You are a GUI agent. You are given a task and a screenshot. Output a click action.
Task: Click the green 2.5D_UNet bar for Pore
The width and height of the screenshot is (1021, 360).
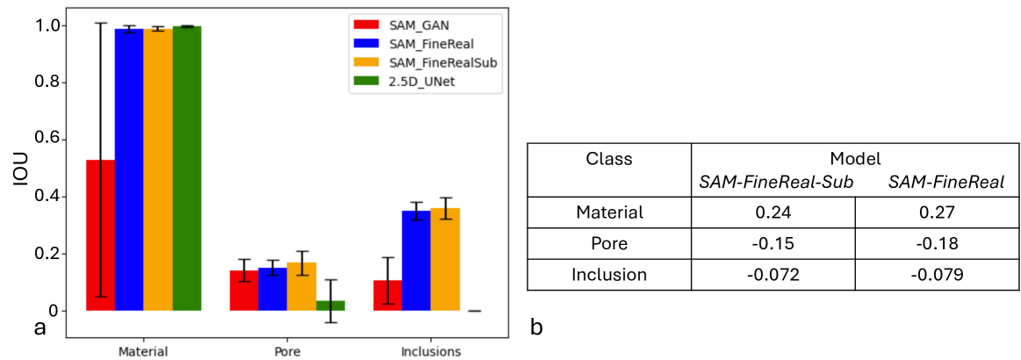(x=330, y=306)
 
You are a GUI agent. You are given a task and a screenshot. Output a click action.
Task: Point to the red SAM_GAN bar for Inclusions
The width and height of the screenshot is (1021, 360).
(x=387, y=295)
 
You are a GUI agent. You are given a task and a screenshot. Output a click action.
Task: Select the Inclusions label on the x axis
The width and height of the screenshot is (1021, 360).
(x=429, y=351)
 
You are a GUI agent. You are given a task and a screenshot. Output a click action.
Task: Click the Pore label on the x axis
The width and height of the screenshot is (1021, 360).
(x=287, y=351)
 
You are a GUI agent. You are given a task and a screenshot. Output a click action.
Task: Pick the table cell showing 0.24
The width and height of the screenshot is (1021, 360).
(x=773, y=212)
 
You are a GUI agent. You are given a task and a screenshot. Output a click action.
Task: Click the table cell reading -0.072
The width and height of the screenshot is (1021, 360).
(x=773, y=274)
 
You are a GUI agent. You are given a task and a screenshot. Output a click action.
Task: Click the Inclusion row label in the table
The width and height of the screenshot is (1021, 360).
(x=608, y=274)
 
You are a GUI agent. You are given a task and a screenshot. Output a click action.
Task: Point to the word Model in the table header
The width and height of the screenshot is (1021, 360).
(x=854, y=159)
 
